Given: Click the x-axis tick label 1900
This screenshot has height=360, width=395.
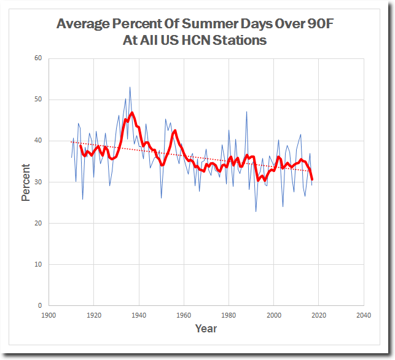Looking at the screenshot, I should (49, 316).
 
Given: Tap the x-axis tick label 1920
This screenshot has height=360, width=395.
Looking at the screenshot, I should (94, 316).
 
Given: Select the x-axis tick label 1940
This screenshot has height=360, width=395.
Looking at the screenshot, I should (139, 316).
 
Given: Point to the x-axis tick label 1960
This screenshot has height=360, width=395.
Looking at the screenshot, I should (184, 316).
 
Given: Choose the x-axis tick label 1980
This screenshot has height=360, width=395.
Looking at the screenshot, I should (229, 316).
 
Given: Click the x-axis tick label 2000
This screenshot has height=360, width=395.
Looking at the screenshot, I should (273, 316).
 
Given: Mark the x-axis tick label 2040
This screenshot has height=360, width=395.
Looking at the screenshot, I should (363, 316).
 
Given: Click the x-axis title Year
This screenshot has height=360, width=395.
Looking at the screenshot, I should (206, 329).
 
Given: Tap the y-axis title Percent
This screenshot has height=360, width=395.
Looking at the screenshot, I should (25, 182).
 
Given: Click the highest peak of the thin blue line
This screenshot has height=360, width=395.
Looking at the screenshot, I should (130, 87).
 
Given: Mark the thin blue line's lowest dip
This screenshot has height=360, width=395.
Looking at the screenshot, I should (256, 211).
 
